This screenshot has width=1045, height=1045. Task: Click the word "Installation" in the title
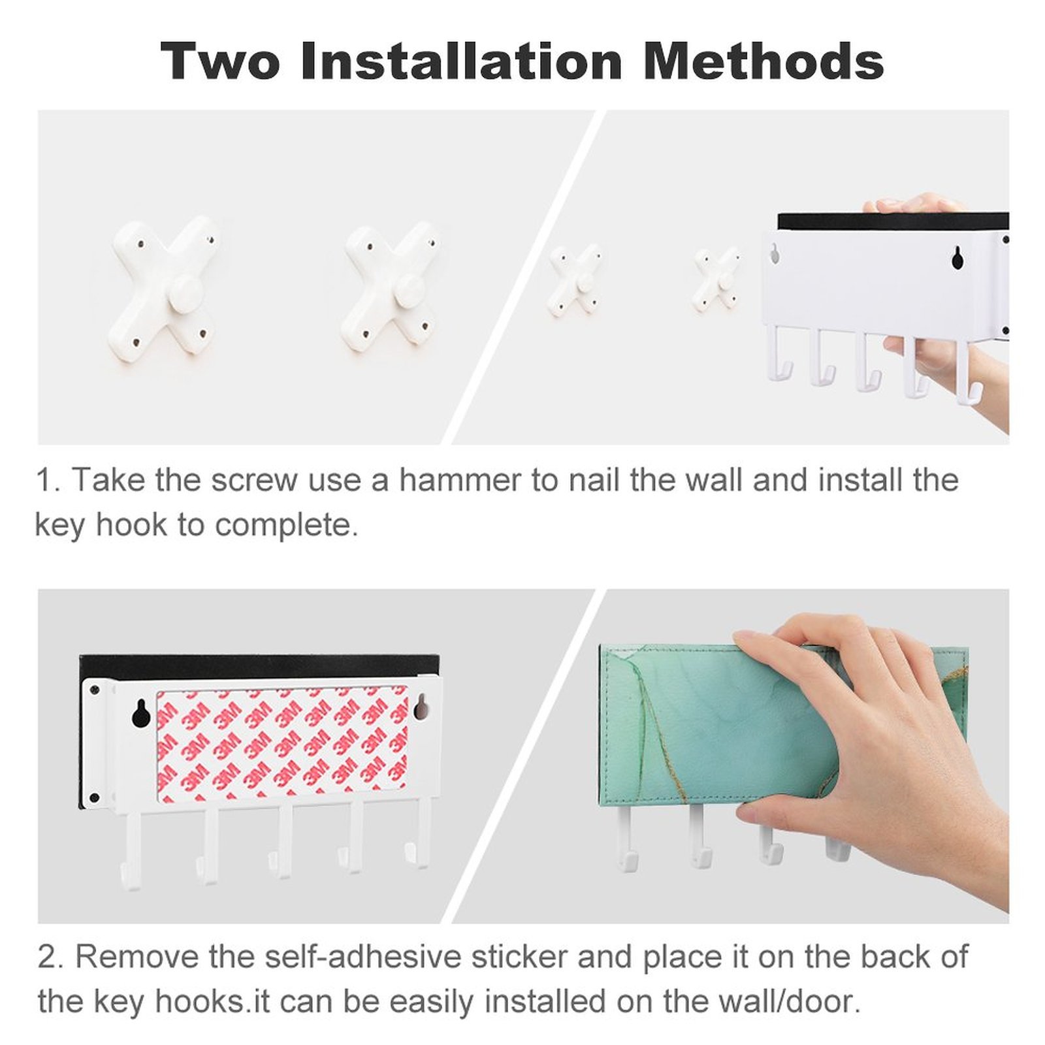tap(461, 61)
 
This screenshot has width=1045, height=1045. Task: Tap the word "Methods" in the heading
tap(764, 61)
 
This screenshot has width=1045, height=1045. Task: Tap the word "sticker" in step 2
tap(519, 957)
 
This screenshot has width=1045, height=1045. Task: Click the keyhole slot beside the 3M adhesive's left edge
tap(141, 713)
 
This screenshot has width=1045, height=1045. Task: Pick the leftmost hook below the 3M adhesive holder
tap(131, 849)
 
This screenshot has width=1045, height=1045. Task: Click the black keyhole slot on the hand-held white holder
tap(957, 258)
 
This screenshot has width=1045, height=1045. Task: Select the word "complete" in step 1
tap(286, 524)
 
